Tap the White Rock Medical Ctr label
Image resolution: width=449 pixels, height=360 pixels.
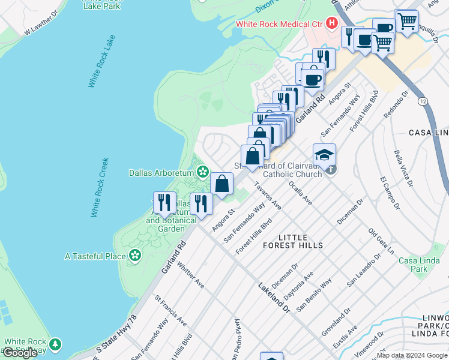(279, 24)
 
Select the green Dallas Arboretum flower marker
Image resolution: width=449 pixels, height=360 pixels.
(203, 172)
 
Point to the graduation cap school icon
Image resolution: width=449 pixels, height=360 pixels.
(324, 155)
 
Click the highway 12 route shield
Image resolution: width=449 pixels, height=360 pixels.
(423, 101)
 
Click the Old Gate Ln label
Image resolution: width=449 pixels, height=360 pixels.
(381, 239)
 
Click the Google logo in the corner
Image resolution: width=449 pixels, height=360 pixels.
(20, 353)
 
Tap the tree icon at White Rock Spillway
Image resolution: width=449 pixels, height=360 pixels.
(55, 344)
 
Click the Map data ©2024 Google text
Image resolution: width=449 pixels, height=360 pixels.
(412, 355)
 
